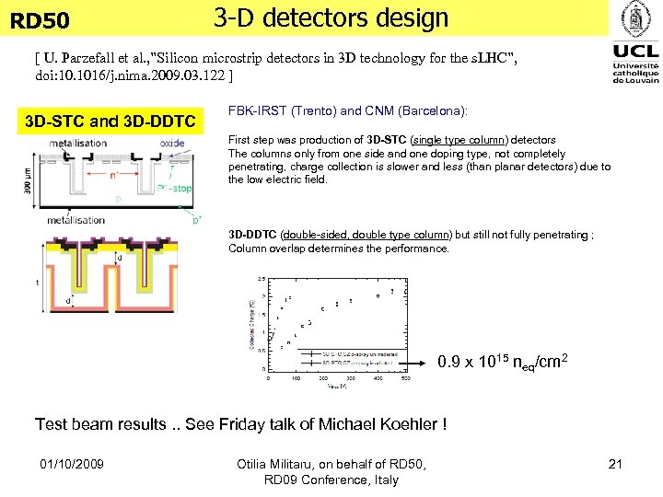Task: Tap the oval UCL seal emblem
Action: click(x=635, y=18)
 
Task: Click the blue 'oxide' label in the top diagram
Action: click(x=171, y=144)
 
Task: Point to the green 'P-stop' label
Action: click(x=176, y=188)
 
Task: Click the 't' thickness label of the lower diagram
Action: click(x=37, y=283)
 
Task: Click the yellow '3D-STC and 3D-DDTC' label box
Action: click(x=110, y=121)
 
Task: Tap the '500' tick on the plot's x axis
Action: click(x=406, y=378)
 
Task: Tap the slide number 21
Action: click(x=615, y=464)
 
